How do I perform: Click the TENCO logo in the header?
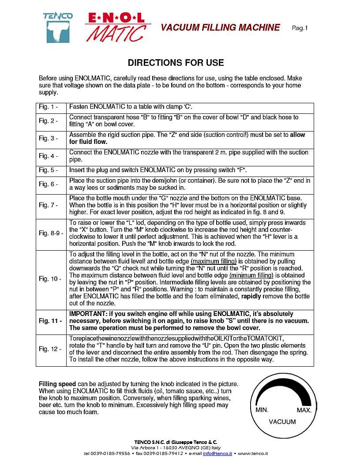coord(58,27)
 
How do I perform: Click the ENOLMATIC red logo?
coord(117,27)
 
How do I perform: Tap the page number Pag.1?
coord(300,28)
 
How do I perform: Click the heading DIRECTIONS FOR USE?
coord(176,63)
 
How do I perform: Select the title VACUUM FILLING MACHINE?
coord(220,28)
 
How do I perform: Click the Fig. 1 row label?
coord(49,107)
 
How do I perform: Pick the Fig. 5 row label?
coord(49,170)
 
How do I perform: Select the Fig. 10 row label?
coord(50,279)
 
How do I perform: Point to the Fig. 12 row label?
coord(50,349)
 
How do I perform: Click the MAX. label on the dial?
coord(304,410)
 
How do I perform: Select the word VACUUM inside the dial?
coord(282,422)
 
